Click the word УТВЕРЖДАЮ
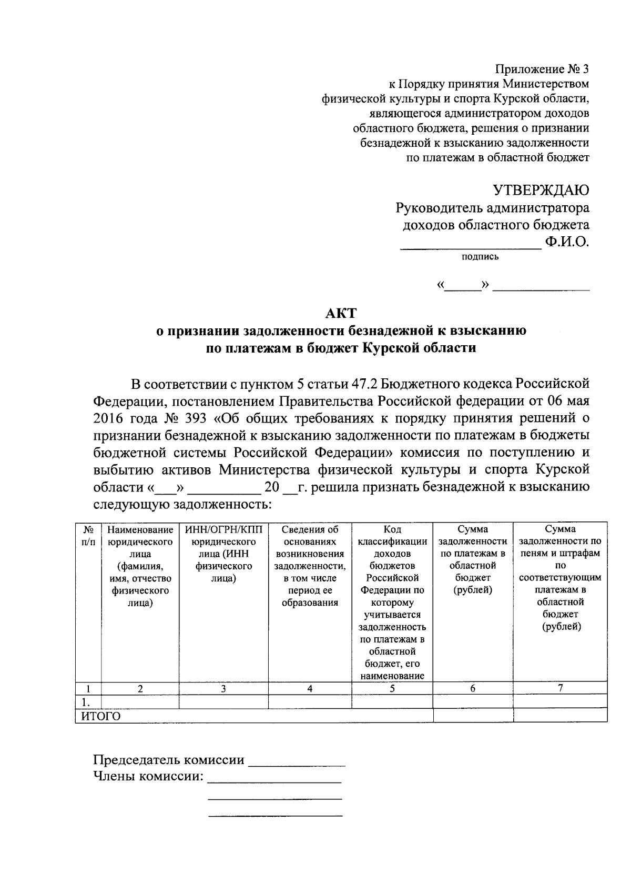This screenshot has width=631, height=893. click(540, 190)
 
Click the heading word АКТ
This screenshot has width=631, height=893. click(341, 314)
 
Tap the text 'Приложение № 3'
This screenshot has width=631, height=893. click(542, 69)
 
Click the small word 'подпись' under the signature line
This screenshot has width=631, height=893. click(480, 257)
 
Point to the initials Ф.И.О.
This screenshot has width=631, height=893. click(567, 243)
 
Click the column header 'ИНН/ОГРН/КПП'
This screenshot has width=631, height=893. click(223, 529)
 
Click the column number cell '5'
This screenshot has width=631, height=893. click(392, 688)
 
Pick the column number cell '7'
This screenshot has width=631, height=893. click(560, 688)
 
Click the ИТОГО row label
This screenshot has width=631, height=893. click(100, 716)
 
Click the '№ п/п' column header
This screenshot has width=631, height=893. click(88, 536)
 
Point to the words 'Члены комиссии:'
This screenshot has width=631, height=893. click(148, 776)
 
